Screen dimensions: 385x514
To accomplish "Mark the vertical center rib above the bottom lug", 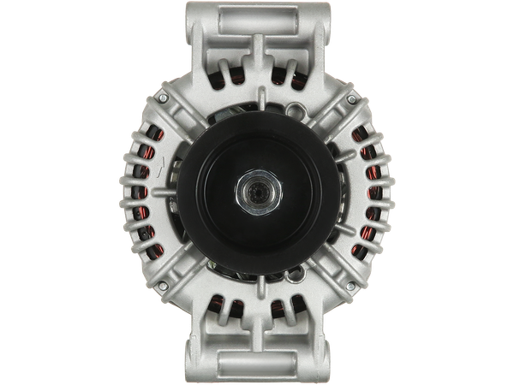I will pyautogui.click(x=257, y=317).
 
